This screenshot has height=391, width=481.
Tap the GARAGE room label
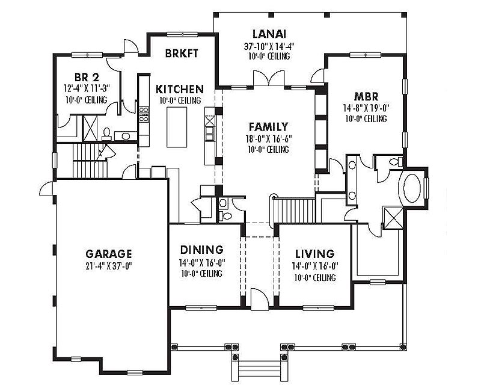pyautogui.click(x=109, y=254)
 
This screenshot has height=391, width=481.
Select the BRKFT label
pyautogui.click(x=182, y=53)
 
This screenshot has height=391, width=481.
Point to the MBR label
pyautogui.click(x=366, y=97)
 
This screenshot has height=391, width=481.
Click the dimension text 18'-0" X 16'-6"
pyautogui.click(x=268, y=138)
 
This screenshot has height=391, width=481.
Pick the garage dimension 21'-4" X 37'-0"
pyautogui.click(x=109, y=266)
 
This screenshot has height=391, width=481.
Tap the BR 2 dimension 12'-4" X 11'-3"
pyautogui.click(x=87, y=88)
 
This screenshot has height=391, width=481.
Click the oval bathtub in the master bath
pyautogui.click(x=412, y=188)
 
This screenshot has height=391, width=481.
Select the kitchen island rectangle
pyautogui.click(x=177, y=127)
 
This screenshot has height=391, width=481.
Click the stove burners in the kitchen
pyautogui.click(x=144, y=114)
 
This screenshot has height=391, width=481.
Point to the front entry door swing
pyautogui.click(x=260, y=299)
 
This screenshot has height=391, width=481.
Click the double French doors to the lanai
pyautogui.click(x=269, y=79)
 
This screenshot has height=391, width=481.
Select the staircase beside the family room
pyautogui.click(x=294, y=211)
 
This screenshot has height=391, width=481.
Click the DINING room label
pyautogui.click(x=202, y=250)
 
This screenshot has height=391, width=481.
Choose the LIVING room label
pyautogui.click(x=314, y=254)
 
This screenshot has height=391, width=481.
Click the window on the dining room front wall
pyautogui.click(x=201, y=307)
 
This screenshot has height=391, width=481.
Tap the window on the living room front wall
pyautogui.click(x=319, y=307)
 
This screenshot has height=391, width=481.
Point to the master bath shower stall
pyautogui.click(x=393, y=218)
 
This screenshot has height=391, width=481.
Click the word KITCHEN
pyautogui.click(x=180, y=89)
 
